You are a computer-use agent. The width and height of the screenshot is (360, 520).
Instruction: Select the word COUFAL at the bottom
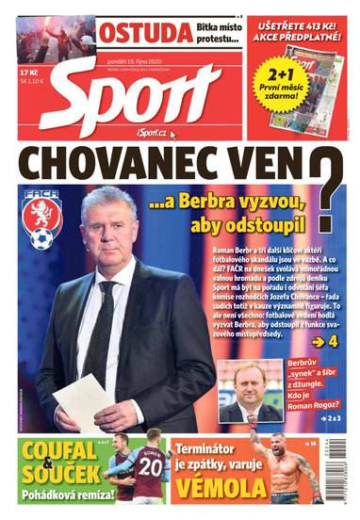[59, 450]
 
